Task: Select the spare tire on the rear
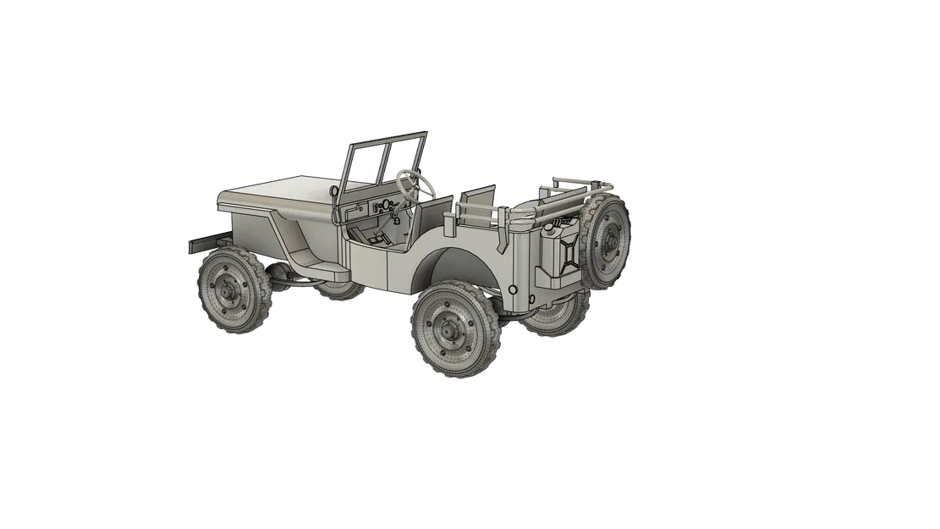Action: point(607,240)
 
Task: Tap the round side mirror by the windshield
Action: point(335,194)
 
